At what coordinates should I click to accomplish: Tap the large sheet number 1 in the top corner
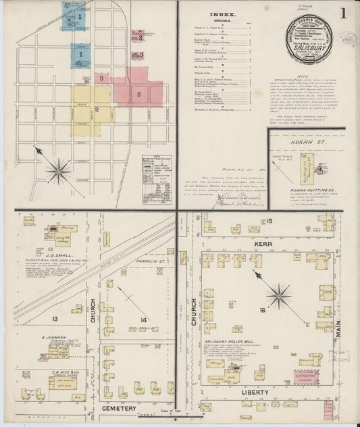pos(344,13)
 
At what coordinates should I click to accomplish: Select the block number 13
pos(55,318)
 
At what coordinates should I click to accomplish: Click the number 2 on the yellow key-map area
pos(97,109)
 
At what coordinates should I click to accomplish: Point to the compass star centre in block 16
pos(278,295)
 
